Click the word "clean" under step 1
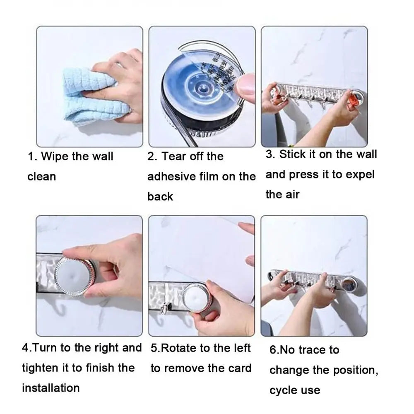(41, 177)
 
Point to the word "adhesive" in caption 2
(171, 177)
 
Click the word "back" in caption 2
(160, 197)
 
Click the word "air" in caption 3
(291, 194)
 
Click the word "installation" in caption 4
(51, 388)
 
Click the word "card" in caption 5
(238, 368)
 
